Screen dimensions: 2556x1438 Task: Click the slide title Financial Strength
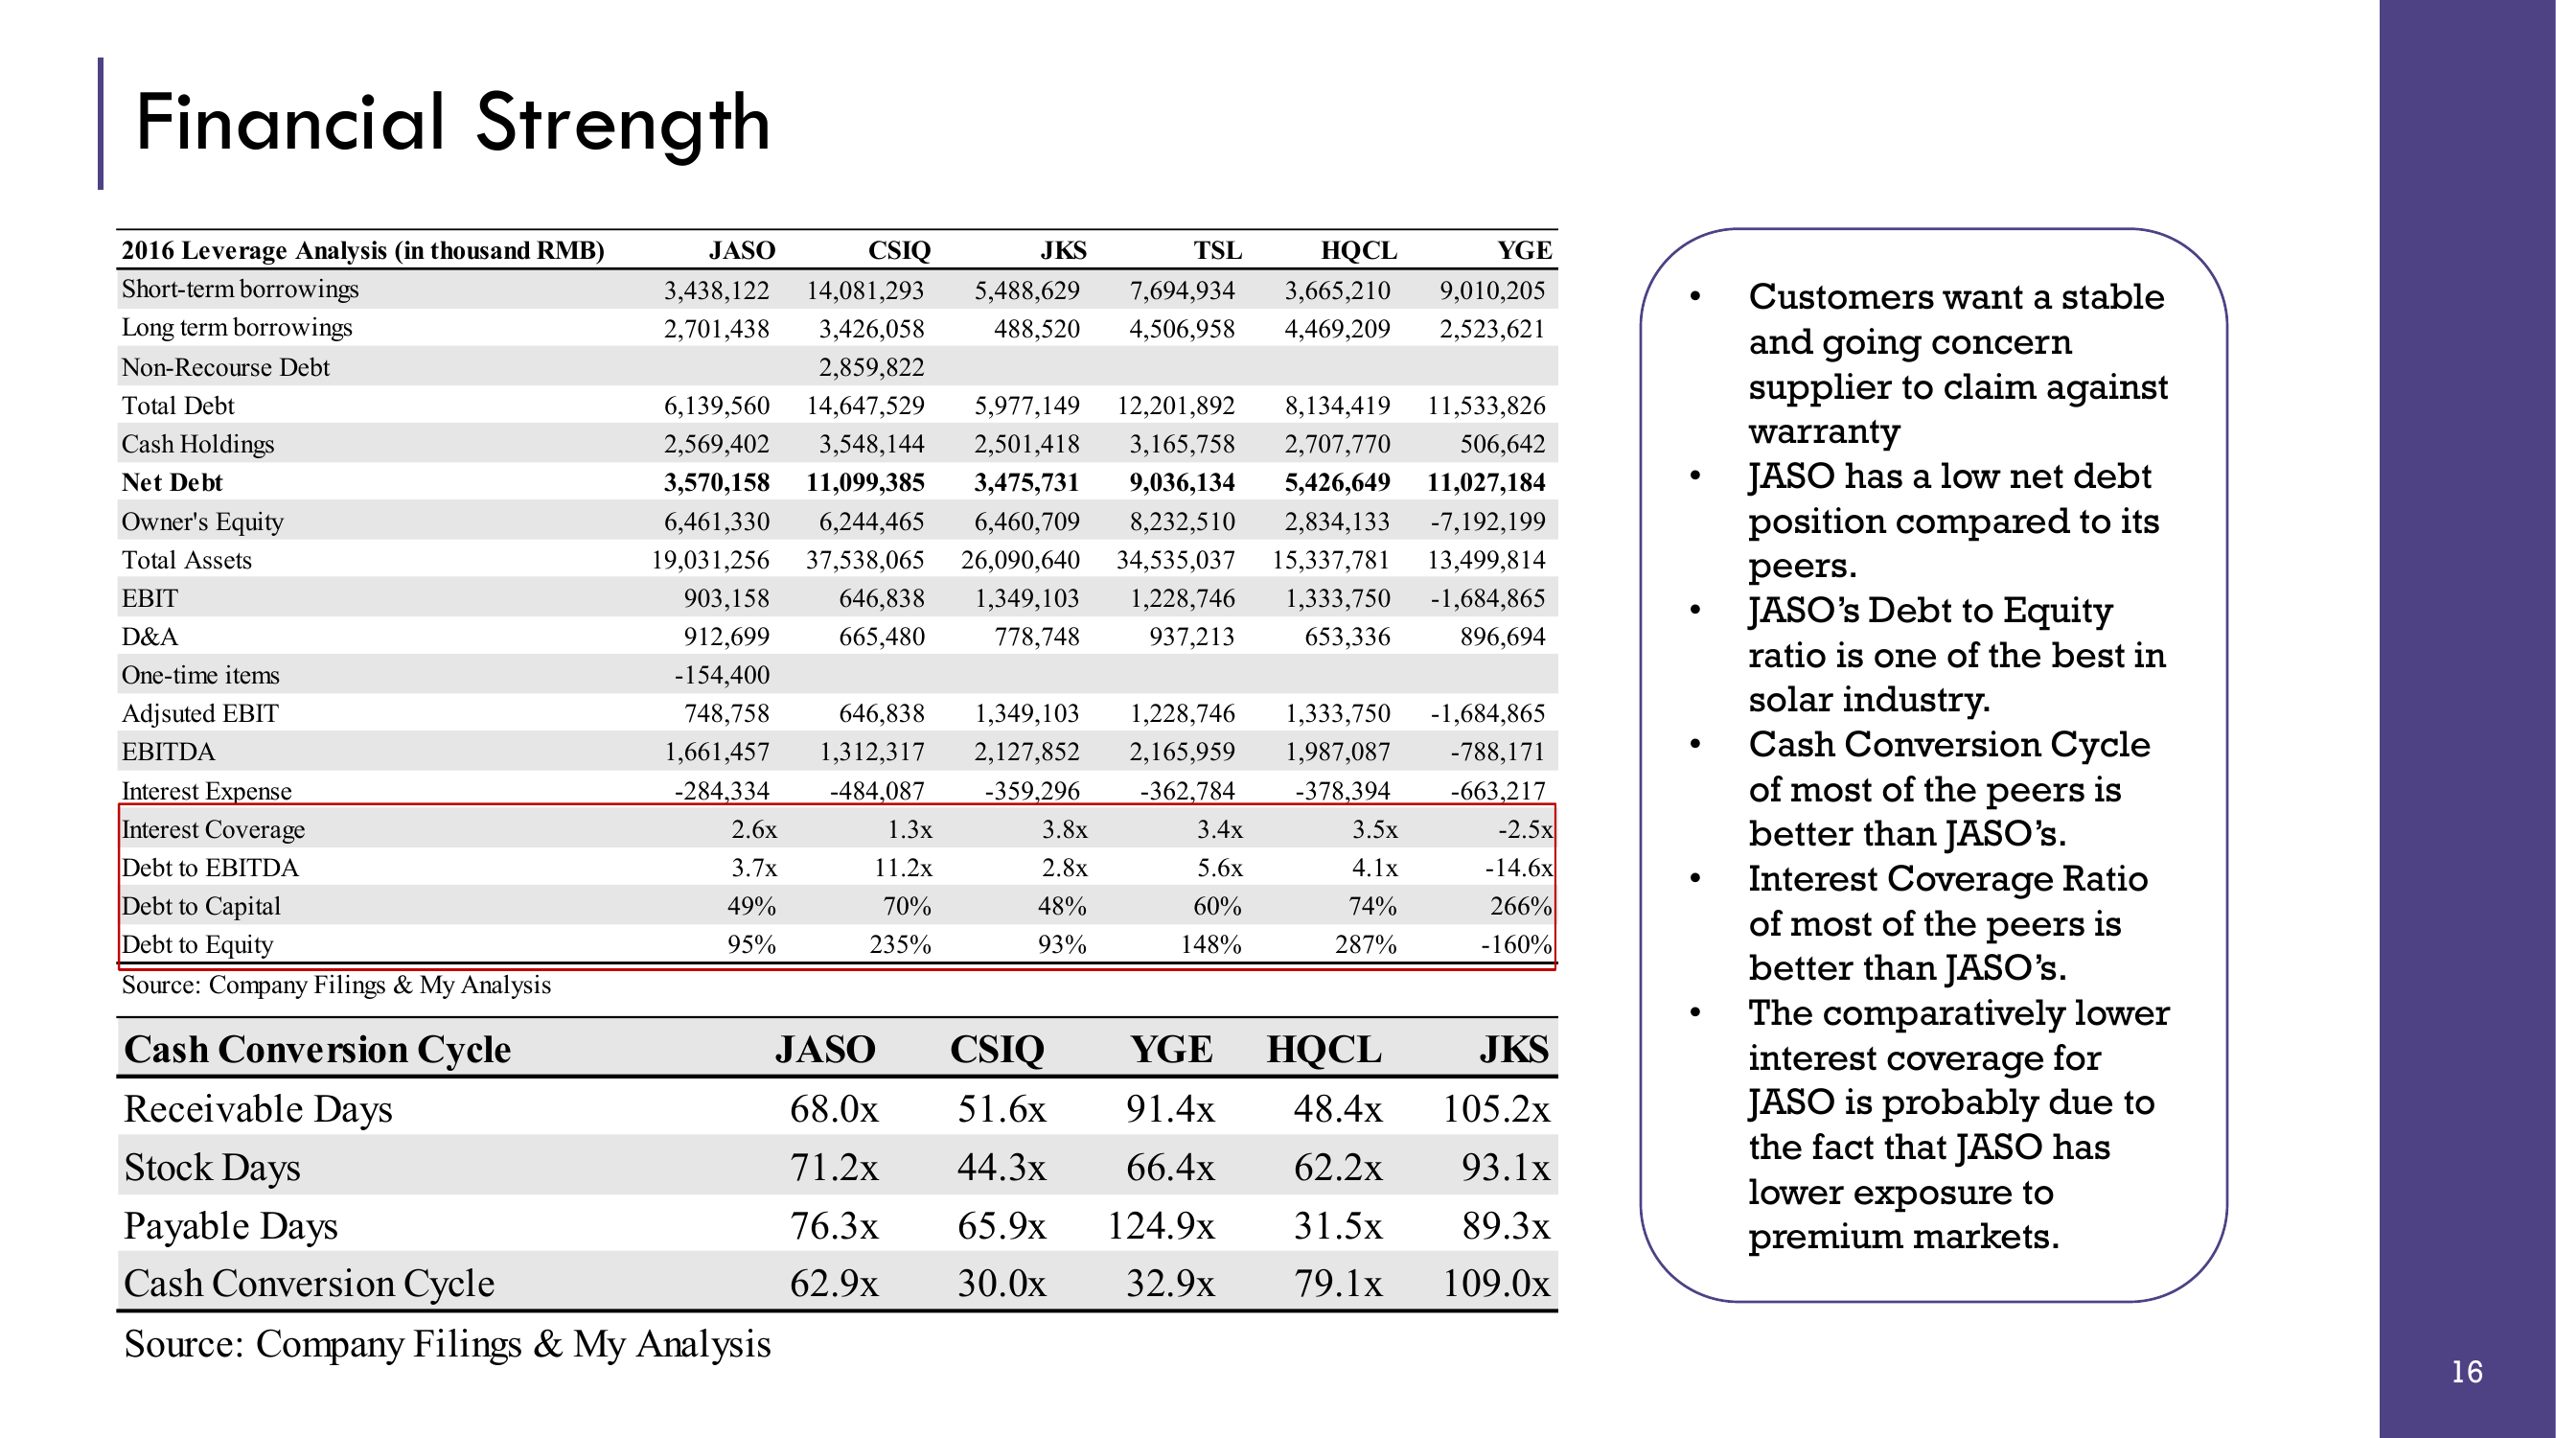click(452, 123)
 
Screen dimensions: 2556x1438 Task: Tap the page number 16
click(2467, 1372)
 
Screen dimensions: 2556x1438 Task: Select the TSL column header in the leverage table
click(1216, 250)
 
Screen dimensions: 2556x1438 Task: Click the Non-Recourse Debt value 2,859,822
click(871, 367)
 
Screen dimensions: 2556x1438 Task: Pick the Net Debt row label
click(172, 482)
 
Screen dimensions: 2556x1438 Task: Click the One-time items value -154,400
click(722, 675)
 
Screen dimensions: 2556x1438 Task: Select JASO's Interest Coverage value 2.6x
click(754, 828)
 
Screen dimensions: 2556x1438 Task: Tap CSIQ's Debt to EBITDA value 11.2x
click(903, 868)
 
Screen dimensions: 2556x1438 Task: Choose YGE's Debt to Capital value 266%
click(1520, 906)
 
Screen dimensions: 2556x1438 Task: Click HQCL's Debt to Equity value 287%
click(1366, 945)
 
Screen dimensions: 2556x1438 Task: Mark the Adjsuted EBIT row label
click(199, 713)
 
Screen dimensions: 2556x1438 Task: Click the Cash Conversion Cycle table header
click(317, 1049)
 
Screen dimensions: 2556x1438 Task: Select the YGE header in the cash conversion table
click(1171, 1049)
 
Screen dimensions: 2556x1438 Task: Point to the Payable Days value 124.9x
click(1160, 1225)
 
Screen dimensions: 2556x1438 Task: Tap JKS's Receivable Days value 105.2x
click(1495, 1108)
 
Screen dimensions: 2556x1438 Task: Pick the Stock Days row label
click(212, 1167)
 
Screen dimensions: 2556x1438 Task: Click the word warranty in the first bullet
click(1824, 431)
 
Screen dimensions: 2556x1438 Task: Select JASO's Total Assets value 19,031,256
click(709, 560)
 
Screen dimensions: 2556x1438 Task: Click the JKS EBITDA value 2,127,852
click(1026, 753)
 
